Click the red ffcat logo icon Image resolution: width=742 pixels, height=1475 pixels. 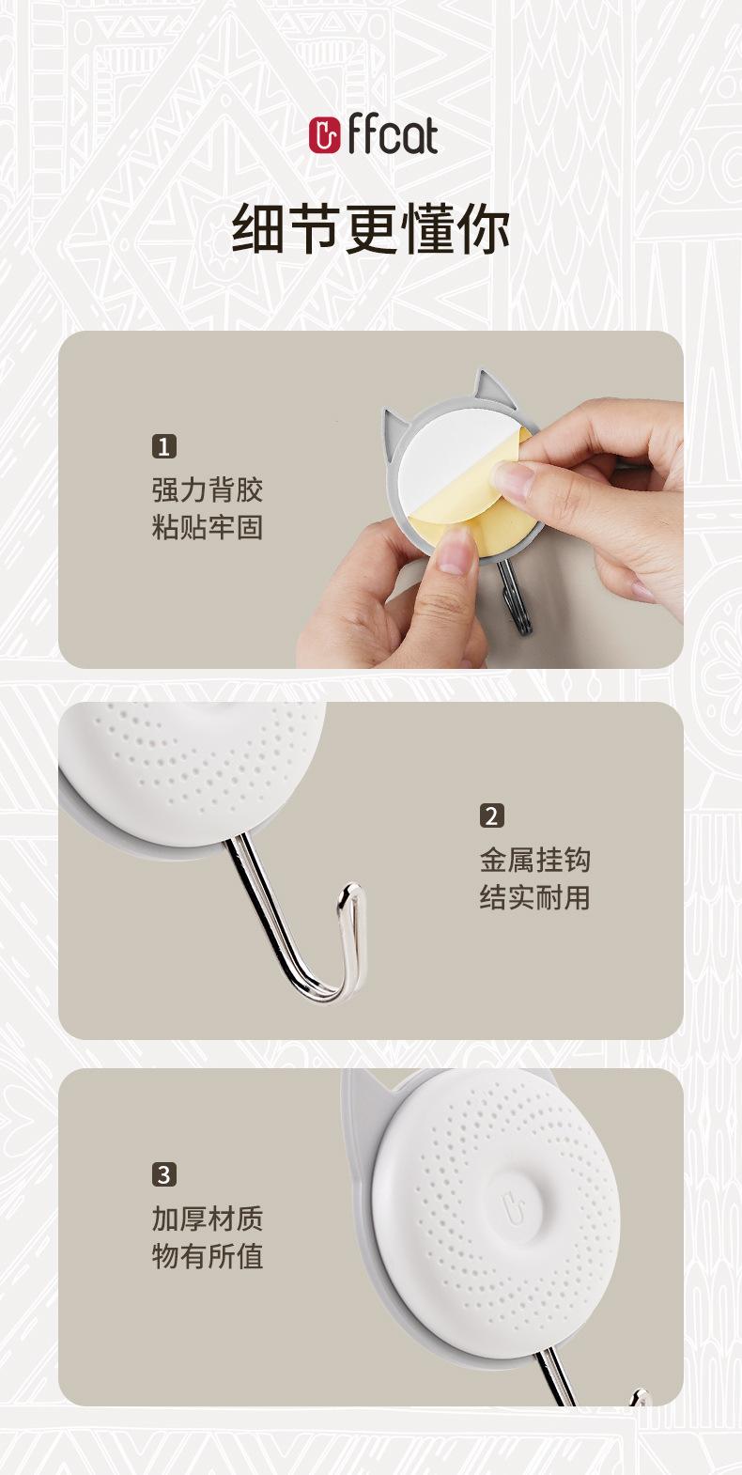click(x=325, y=135)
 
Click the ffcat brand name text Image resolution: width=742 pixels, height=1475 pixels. click(x=392, y=134)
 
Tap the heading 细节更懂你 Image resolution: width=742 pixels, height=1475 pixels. click(x=371, y=228)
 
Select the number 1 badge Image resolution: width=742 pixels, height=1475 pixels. click(x=164, y=446)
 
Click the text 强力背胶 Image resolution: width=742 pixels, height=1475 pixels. click(x=208, y=489)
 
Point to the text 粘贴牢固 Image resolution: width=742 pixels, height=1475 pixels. click(x=208, y=527)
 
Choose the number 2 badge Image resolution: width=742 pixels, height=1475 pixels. click(x=492, y=815)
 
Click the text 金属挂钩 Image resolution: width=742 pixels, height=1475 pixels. click(x=534, y=860)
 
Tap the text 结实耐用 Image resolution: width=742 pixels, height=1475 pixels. click(x=534, y=897)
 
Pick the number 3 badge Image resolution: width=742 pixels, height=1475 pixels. click(x=164, y=1174)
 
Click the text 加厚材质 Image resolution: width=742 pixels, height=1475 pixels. click(x=208, y=1219)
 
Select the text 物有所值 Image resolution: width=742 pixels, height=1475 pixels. click(x=208, y=1256)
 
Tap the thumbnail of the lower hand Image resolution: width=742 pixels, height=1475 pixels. click(x=454, y=551)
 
